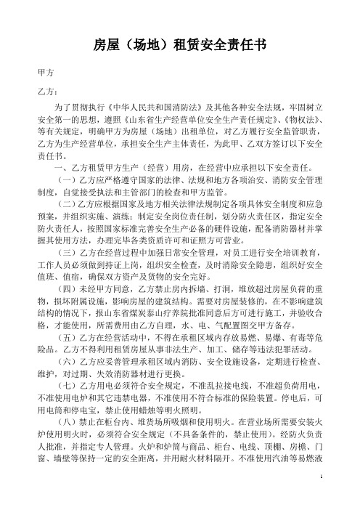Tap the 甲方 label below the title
coord(44,73)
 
